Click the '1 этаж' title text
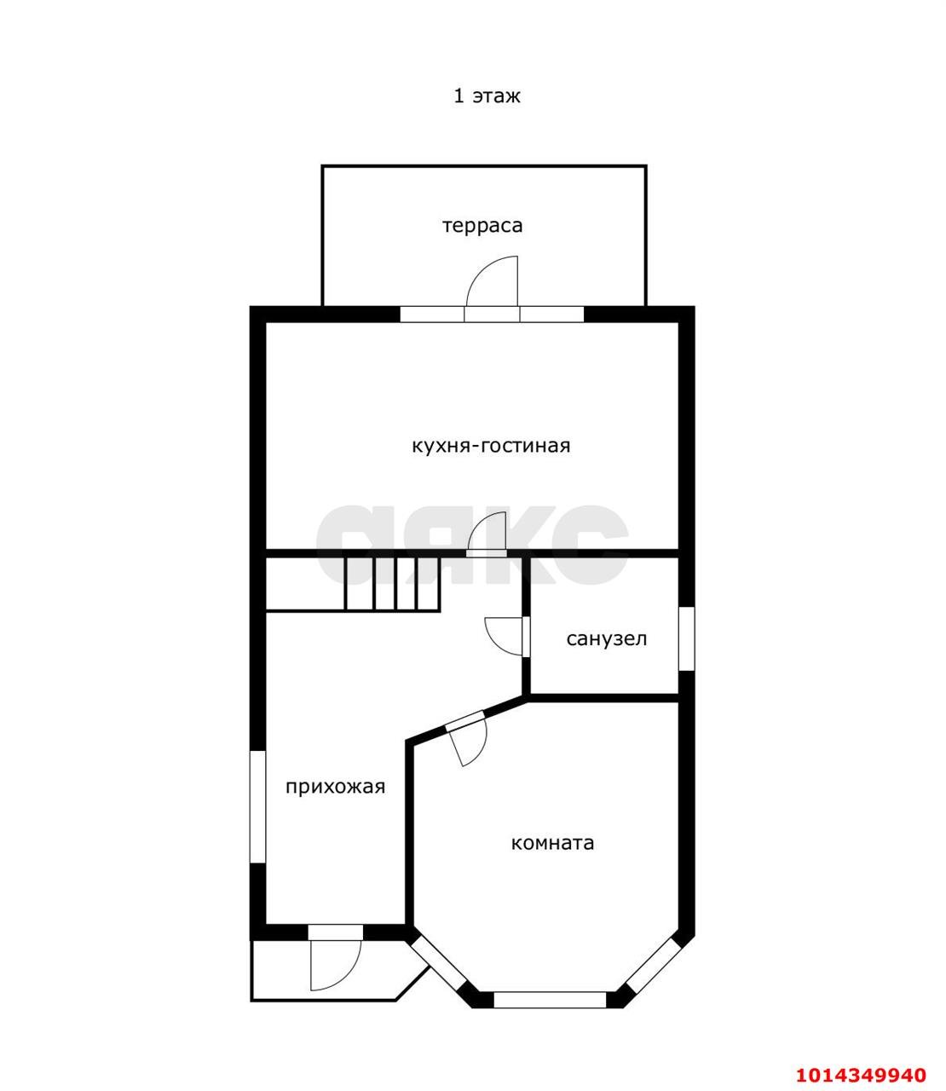pos(487,96)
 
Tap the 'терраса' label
pos(482,225)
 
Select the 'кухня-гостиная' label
pos(490,445)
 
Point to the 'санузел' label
pos(606,638)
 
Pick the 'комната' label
pos(552,843)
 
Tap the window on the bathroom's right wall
pos(686,638)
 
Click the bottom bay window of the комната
pos(550,1000)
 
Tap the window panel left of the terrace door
pos(432,314)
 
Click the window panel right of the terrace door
pos(551,314)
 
